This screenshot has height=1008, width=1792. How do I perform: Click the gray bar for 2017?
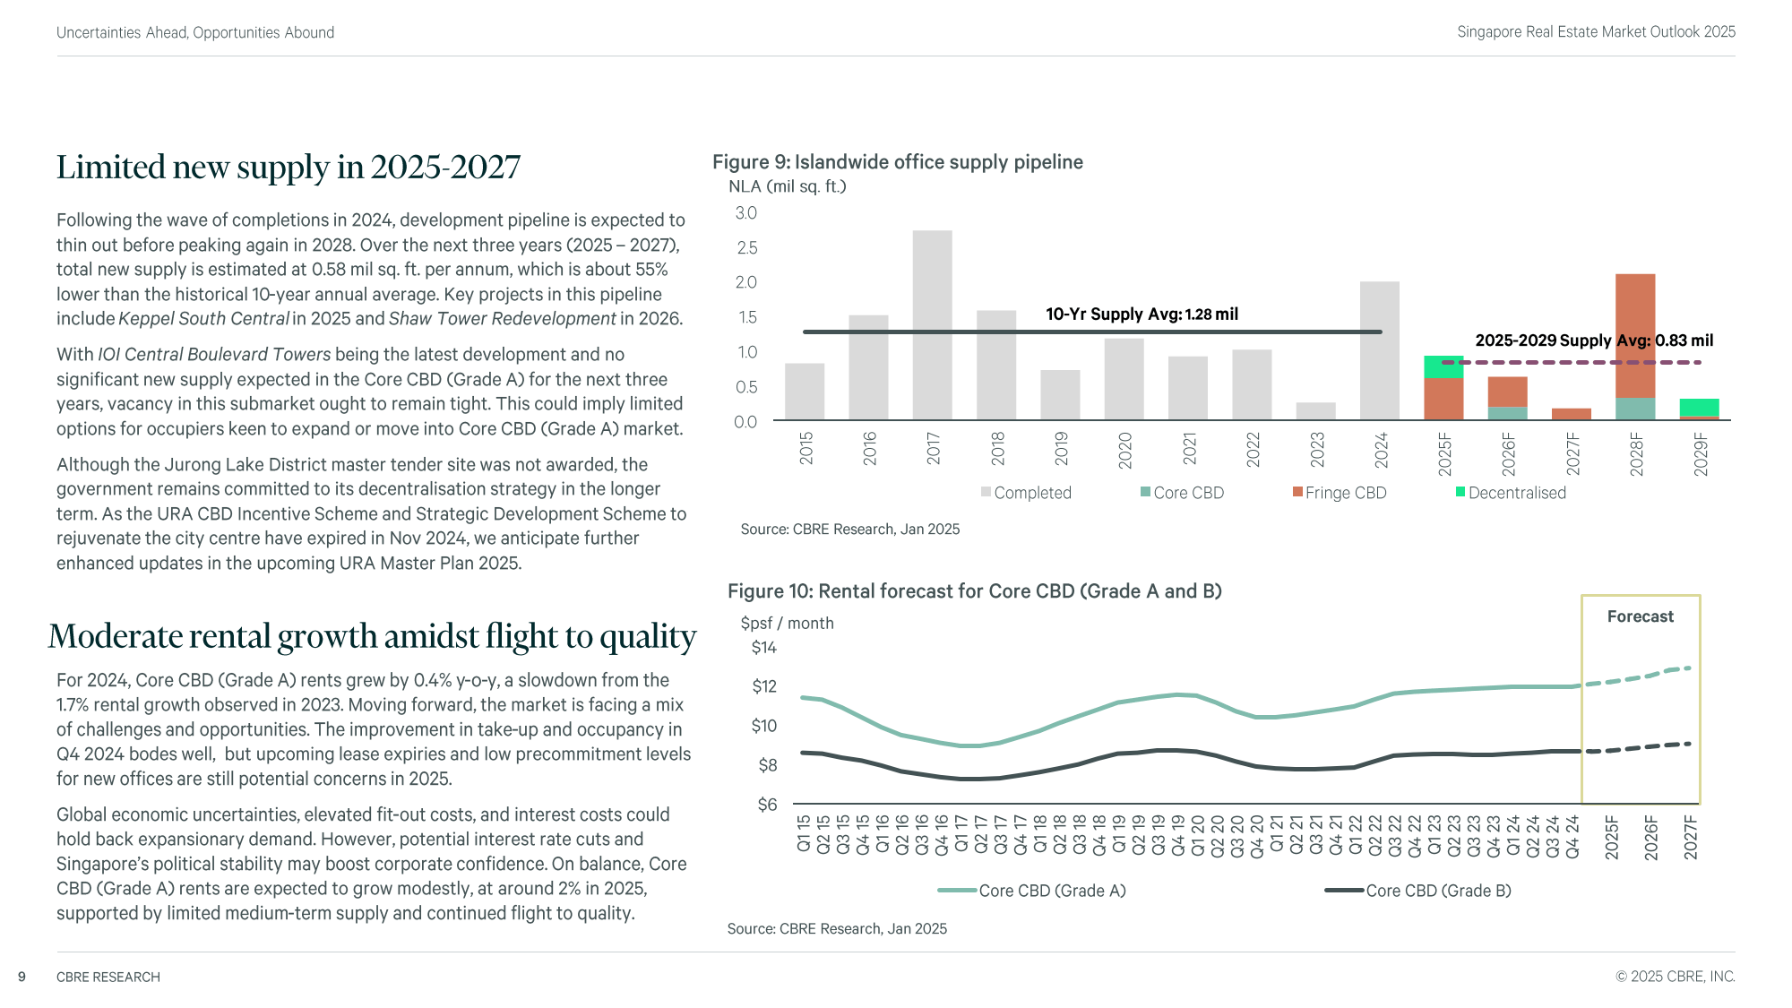click(932, 325)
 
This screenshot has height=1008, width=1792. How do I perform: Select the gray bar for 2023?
click(1315, 411)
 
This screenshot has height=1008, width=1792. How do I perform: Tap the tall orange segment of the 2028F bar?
click(1635, 336)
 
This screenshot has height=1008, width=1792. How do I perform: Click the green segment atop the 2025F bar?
click(1443, 366)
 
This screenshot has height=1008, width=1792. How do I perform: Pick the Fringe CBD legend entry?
click(1340, 493)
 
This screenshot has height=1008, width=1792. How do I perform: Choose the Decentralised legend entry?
click(1511, 493)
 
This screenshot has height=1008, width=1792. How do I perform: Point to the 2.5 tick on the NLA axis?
click(746, 247)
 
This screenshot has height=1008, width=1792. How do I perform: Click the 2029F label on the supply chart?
click(1701, 454)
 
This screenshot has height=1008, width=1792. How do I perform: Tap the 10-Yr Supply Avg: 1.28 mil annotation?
click(1142, 314)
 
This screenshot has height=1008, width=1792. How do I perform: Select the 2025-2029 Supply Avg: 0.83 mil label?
click(1594, 340)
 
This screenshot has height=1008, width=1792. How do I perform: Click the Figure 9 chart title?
click(898, 162)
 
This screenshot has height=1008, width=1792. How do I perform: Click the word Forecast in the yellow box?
click(1640, 616)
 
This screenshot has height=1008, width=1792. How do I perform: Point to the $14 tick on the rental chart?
click(764, 648)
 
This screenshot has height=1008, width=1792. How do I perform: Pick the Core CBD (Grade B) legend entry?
click(1418, 891)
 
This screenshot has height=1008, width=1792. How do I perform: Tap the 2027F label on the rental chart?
click(1691, 837)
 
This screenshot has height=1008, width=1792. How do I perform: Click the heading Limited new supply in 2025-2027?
click(289, 168)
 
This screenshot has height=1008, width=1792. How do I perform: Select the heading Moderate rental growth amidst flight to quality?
click(373, 636)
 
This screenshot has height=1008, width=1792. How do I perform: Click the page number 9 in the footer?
click(22, 977)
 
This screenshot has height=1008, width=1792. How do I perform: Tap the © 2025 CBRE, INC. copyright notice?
click(1676, 977)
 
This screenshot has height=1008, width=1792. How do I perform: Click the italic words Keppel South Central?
click(204, 319)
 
